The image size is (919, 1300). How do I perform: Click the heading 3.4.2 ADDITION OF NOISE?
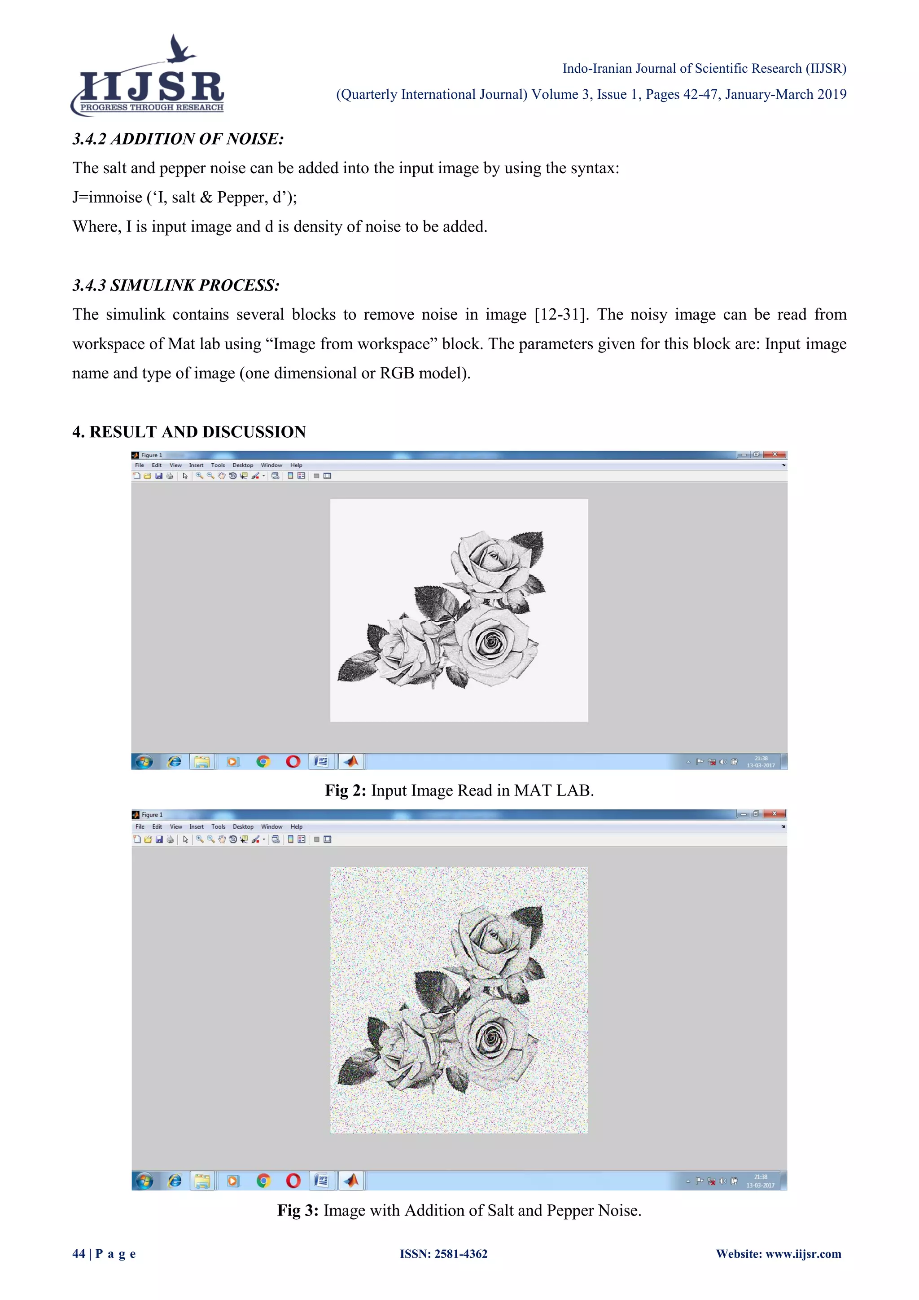(178, 139)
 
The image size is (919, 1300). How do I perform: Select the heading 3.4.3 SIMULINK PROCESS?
(175, 285)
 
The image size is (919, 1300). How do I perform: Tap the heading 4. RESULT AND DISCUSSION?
(189, 432)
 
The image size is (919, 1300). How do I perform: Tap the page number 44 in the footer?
(79, 1254)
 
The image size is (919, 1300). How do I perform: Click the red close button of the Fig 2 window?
(774, 455)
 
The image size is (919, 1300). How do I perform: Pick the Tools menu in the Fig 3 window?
(218, 827)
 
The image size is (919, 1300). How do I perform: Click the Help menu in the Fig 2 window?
(296, 466)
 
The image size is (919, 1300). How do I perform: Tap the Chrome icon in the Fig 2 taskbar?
(263, 761)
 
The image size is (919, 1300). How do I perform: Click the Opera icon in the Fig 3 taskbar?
(293, 1181)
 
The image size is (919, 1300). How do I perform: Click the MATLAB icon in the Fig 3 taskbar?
(351, 1181)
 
